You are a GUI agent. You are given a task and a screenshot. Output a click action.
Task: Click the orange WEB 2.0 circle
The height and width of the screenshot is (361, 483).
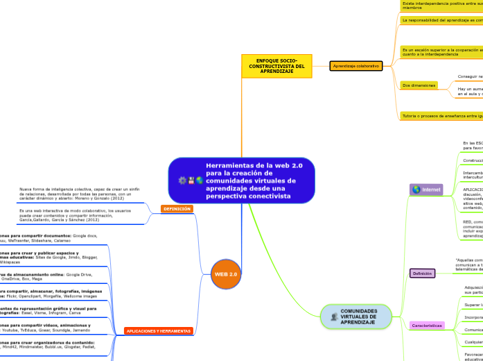tap(226, 274)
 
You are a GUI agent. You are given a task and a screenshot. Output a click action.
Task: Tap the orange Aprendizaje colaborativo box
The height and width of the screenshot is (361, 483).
tap(356, 66)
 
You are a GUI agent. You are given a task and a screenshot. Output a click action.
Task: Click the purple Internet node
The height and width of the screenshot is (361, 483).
tap(426, 190)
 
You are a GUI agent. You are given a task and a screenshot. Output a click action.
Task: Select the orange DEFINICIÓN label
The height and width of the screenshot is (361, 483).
tap(177, 208)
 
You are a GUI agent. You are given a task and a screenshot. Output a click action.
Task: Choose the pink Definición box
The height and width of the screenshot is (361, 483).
tap(423, 274)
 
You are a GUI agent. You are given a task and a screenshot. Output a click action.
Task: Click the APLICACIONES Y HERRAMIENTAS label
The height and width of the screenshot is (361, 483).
tap(158, 331)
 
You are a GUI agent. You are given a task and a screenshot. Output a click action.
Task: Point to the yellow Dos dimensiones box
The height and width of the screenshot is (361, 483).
tap(419, 85)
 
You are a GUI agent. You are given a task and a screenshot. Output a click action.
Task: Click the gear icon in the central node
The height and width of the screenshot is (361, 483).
tap(183, 180)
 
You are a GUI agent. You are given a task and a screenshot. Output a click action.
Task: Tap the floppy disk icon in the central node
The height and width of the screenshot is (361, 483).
tap(191, 180)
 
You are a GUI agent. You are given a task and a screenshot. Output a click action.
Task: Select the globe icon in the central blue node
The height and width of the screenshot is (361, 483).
tap(199, 180)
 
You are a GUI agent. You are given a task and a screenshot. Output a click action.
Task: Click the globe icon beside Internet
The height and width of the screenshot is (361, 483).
tap(416, 190)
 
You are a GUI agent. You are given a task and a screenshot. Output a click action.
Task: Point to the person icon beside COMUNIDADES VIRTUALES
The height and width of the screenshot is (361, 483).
tap(335, 317)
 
